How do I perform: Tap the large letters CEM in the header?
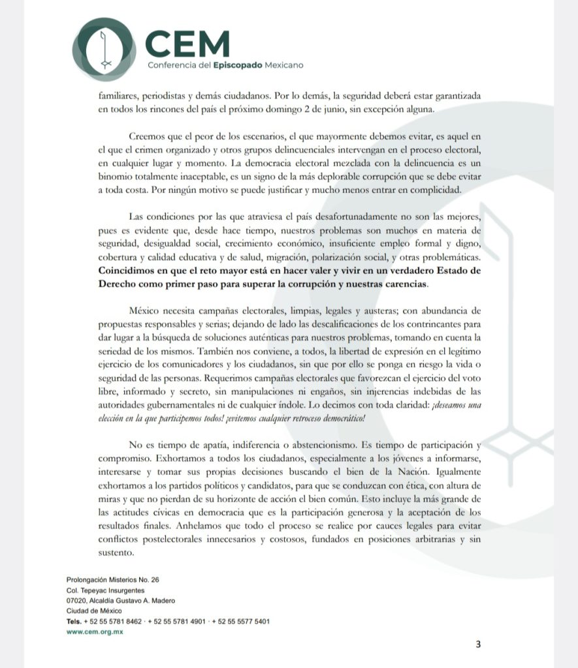pyautogui.click(x=188, y=44)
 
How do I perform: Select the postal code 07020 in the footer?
pyautogui.click(x=78, y=600)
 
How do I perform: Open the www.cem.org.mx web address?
pyautogui.click(x=95, y=631)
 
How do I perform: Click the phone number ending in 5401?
pyautogui.click(x=246, y=621)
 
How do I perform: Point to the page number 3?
pyautogui.click(x=478, y=645)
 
